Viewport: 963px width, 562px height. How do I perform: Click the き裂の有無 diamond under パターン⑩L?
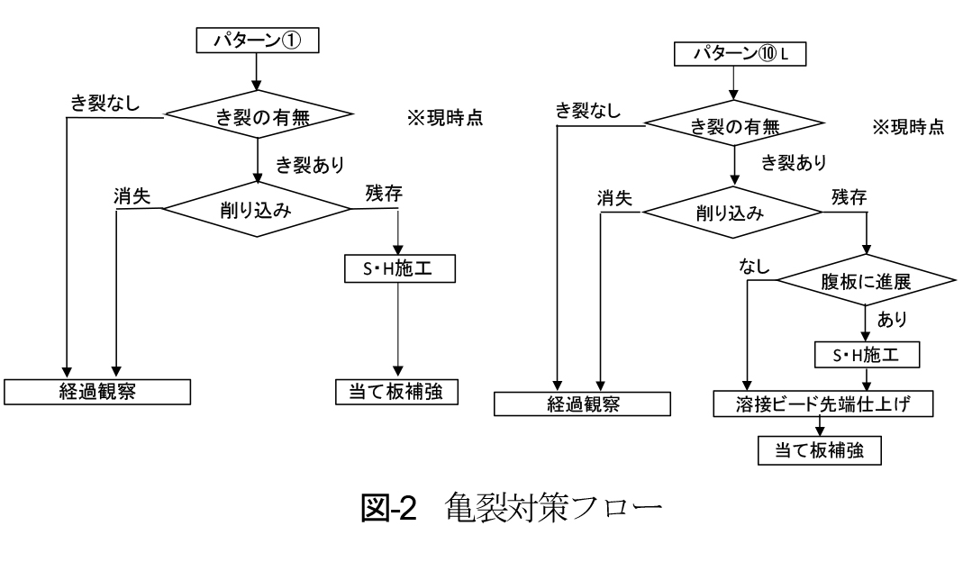click(739, 128)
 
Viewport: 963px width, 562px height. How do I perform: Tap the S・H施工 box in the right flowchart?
click(867, 356)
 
